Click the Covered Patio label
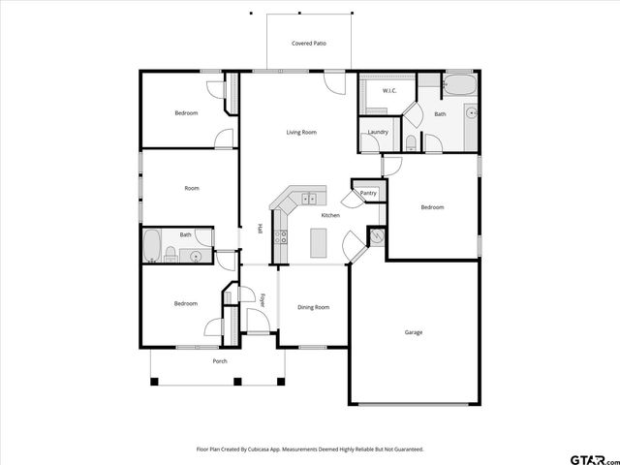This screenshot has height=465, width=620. pyautogui.click(x=308, y=44)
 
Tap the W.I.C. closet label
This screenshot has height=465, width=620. pyautogui.click(x=389, y=91)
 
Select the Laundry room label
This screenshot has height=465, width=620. pyautogui.click(x=378, y=132)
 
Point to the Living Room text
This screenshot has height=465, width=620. pyautogui.click(x=301, y=132)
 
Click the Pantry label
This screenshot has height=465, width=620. pyautogui.click(x=368, y=193)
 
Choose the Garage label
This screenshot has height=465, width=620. pyautogui.click(x=414, y=332)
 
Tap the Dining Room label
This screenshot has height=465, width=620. pyautogui.click(x=313, y=307)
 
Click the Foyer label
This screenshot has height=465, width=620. pyautogui.click(x=263, y=299)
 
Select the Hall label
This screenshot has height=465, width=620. pyautogui.click(x=260, y=230)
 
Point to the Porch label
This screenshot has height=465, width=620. pyautogui.click(x=220, y=361)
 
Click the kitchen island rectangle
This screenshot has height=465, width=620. pyautogui.click(x=320, y=242)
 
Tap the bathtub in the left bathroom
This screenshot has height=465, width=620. pyautogui.click(x=153, y=246)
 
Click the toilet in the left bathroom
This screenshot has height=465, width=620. pyautogui.click(x=170, y=255)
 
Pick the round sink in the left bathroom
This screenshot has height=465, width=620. pyautogui.click(x=196, y=257)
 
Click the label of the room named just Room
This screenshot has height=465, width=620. pyautogui.click(x=192, y=188)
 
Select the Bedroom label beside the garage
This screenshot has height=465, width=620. pyautogui.click(x=432, y=207)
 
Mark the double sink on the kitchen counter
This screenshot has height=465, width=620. pyautogui.click(x=308, y=199)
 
